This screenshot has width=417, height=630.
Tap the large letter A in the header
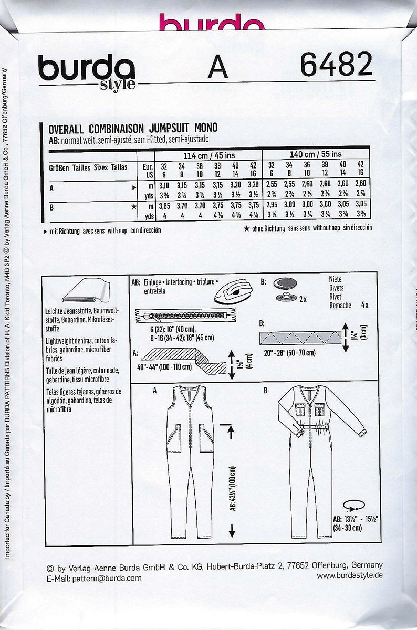point(217,67)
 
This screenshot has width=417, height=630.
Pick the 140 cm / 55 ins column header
point(315,154)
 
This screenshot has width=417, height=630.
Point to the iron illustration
point(235,292)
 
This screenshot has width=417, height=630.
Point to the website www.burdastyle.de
point(350,575)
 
